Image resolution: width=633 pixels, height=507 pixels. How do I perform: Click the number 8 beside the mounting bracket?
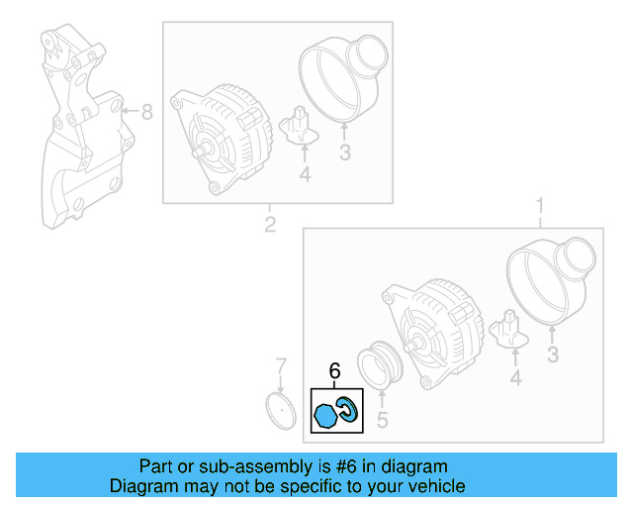(x=146, y=113)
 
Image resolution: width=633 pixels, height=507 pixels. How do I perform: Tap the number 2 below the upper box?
(x=269, y=225)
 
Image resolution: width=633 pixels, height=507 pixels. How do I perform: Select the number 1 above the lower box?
(x=539, y=207)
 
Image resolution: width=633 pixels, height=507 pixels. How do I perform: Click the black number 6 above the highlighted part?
(x=334, y=371)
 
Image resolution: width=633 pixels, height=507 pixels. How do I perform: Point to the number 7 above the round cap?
(x=280, y=365)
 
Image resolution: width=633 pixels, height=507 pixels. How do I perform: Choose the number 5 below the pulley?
(x=382, y=420)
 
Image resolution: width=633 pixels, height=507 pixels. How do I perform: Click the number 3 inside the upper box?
(x=345, y=152)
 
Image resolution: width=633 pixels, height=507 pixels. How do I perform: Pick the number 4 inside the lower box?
(x=514, y=377)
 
